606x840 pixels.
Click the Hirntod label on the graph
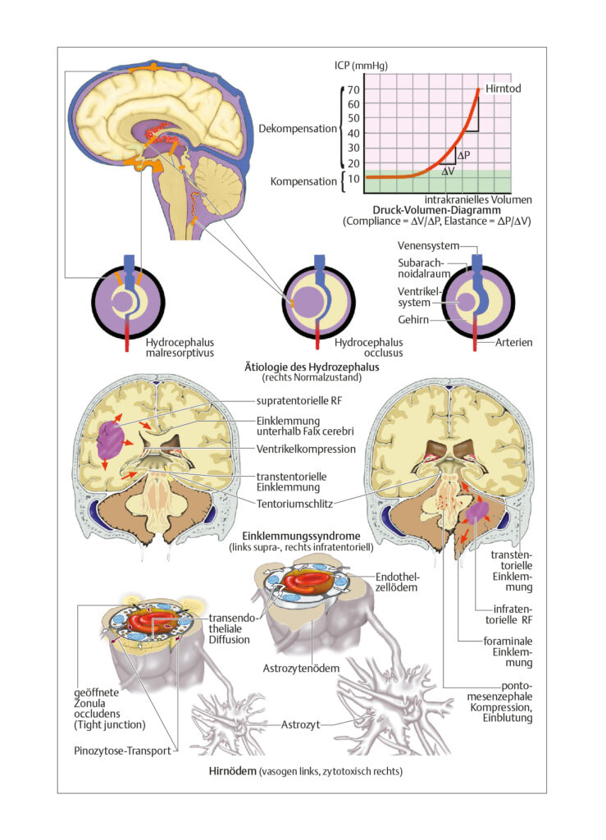503,89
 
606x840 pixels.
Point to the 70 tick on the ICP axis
353,89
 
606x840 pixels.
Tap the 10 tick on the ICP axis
353,178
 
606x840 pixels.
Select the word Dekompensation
298,129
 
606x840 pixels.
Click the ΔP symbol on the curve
463,155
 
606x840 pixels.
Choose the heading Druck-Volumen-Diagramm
436,210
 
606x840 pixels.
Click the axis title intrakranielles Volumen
478,199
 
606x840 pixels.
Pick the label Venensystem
428,246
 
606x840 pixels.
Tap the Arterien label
513,342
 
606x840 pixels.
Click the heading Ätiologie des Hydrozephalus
312,367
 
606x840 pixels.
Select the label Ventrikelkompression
306,449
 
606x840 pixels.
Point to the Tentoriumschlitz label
294,504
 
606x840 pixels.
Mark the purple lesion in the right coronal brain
476,512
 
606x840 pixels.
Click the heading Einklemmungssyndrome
301,536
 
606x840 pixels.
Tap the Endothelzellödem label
397,582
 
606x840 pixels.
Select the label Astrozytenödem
301,668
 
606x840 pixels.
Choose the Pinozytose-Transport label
122,751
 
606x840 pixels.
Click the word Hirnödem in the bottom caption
232,771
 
